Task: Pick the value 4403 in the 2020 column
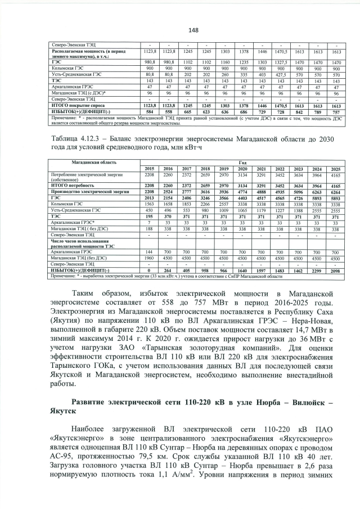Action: coord(243,198)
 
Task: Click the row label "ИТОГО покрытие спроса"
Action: coord(71,105)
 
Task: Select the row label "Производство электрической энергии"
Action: coord(80,192)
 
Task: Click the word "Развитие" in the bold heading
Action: coord(93,400)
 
